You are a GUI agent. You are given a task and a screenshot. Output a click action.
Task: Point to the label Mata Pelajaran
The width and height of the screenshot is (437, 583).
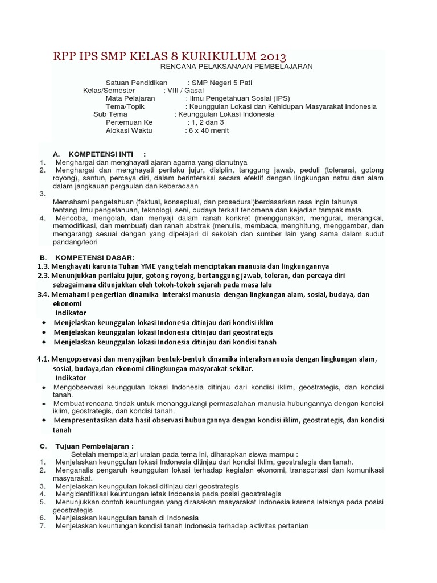pos(130,98)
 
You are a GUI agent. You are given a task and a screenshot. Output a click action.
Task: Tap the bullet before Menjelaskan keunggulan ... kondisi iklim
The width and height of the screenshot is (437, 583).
pos(44,323)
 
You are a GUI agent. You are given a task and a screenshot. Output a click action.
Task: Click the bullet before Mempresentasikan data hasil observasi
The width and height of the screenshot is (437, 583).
pos(44,421)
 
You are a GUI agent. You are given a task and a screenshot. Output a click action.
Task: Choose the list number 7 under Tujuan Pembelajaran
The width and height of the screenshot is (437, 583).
pos(42,525)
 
